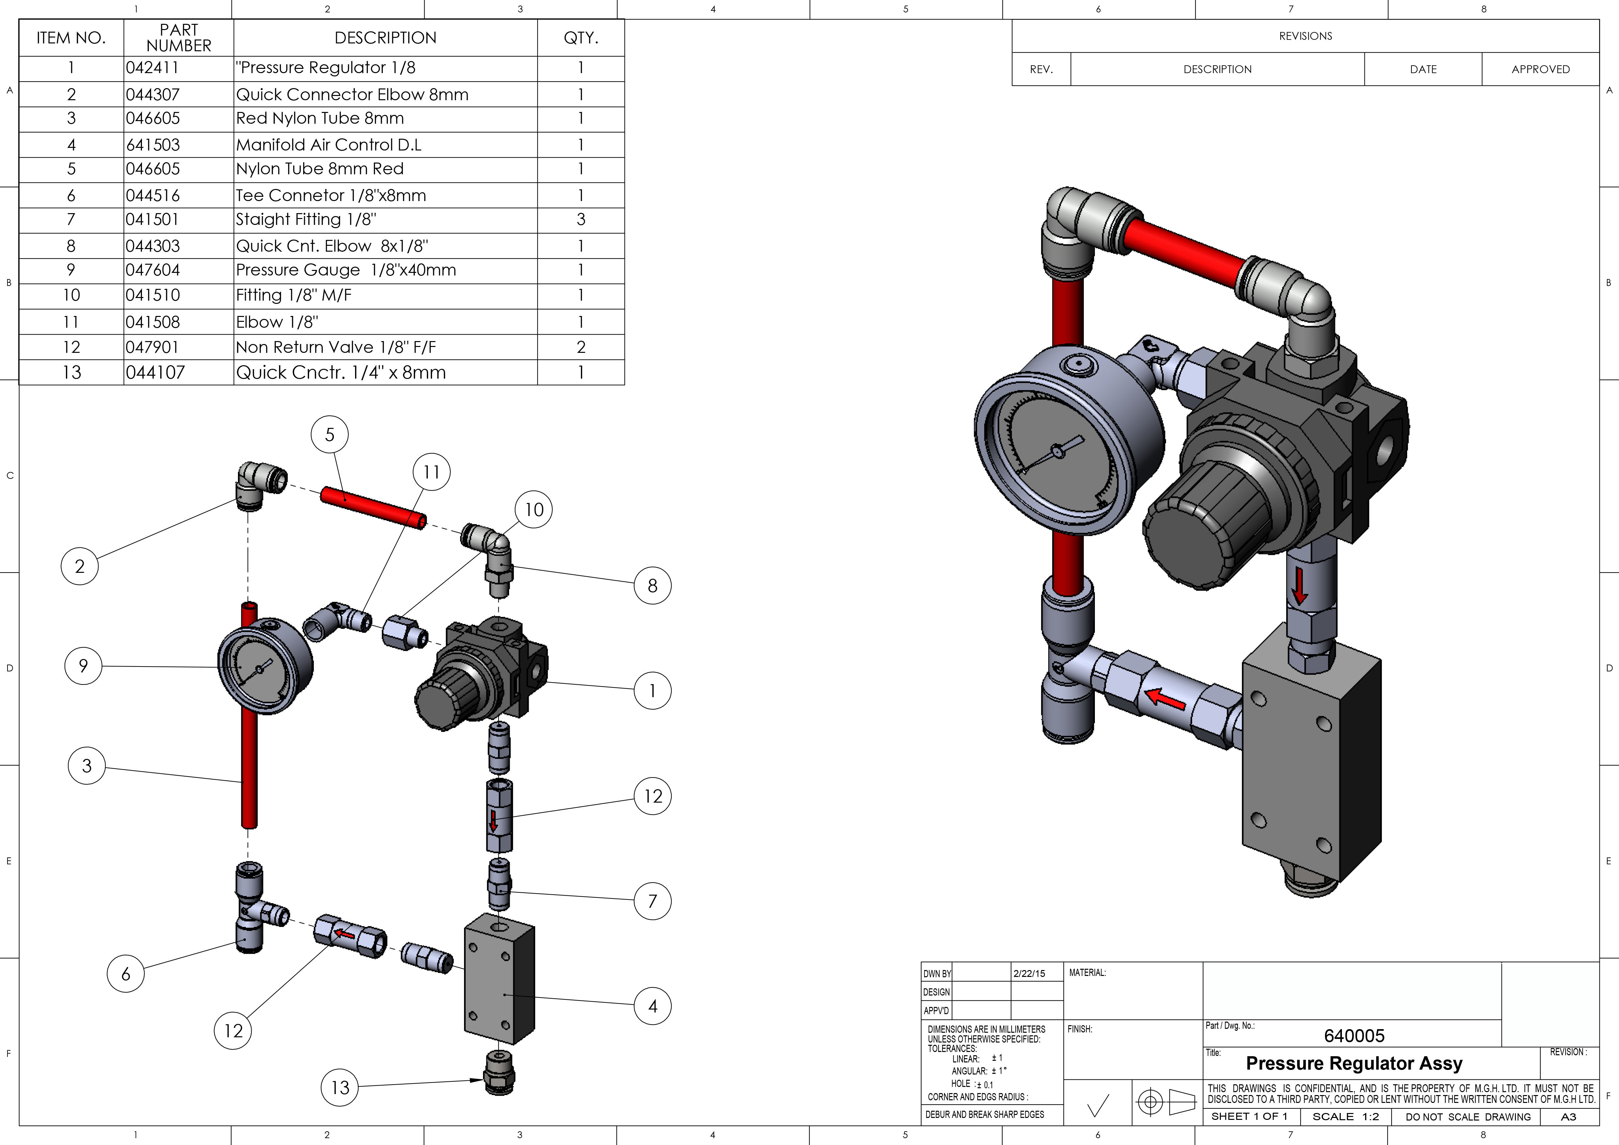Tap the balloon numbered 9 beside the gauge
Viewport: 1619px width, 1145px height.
pos(83,666)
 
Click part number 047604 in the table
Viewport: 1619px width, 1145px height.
pos(153,270)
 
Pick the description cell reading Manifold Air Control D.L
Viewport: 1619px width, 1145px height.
pos(329,145)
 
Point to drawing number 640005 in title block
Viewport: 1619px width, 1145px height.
pos(1354,1036)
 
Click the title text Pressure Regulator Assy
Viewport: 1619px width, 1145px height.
pos(1354,1063)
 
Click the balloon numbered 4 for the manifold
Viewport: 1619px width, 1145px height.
pos(652,1006)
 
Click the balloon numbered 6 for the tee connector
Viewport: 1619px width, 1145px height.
pos(126,974)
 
